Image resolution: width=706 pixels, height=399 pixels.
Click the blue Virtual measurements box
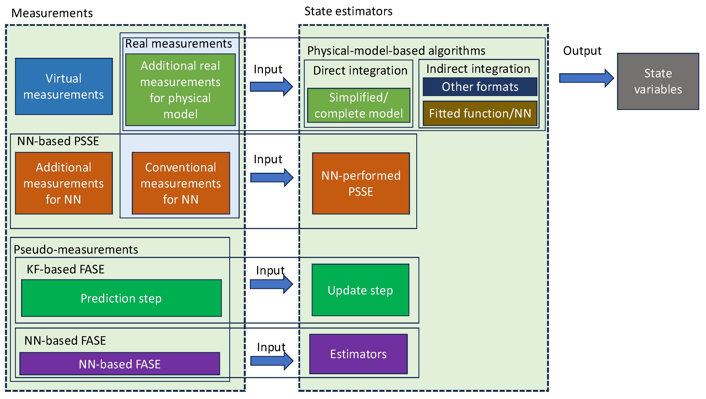[64, 86]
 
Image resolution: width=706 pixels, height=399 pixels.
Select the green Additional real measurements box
[180, 90]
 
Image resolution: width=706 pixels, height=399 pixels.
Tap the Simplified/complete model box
[359, 105]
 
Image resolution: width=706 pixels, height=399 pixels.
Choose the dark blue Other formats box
[480, 86]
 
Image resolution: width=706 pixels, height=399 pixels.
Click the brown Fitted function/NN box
[480, 113]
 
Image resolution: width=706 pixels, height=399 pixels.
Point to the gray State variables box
[658, 81]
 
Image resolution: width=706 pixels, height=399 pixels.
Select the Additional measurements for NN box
[64, 183]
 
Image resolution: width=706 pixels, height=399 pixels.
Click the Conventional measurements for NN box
[181, 183]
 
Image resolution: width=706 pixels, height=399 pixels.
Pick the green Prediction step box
[121, 298]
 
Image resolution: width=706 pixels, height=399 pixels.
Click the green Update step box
[360, 290]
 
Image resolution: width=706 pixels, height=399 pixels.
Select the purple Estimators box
[358, 354]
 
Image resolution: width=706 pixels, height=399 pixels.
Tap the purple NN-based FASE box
[120, 364]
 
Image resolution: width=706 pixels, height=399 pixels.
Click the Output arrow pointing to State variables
[586, 78]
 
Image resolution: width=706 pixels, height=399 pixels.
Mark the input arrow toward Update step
[271, 284]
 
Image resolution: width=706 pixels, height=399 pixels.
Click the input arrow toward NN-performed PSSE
[272, 178]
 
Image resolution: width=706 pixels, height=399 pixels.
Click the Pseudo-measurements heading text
[76, 250]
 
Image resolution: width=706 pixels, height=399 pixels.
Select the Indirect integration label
[478, 69]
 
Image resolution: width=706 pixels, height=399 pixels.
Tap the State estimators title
[348, 11]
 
